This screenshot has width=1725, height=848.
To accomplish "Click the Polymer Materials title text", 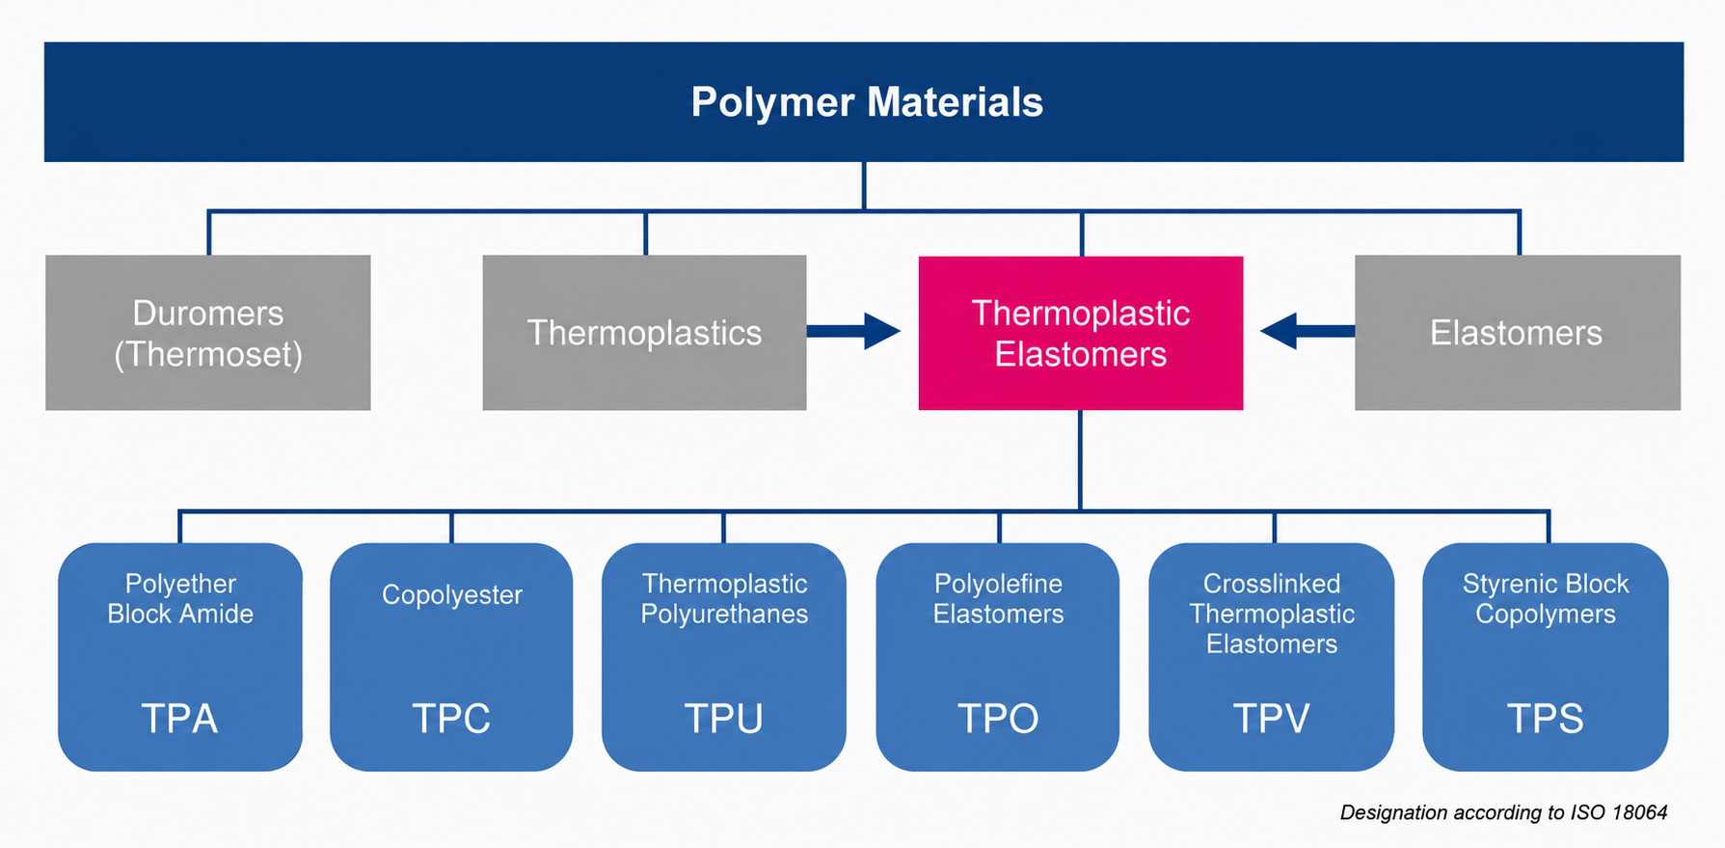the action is click(x=867, y=102).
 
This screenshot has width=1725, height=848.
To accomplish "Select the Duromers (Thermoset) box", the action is click(x=208, y=333).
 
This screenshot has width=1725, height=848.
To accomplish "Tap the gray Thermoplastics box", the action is click(x=644, y=333).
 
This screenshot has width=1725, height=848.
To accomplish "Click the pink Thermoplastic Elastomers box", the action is click(x=1081, y=333).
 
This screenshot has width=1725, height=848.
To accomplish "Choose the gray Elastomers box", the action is click(x=1518, y=333).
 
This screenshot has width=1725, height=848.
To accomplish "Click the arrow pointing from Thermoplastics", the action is click(x=853, y=331).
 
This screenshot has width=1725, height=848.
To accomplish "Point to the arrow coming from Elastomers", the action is click(x=1307, y=331).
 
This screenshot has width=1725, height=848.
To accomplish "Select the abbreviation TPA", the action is click(x=179, y=719).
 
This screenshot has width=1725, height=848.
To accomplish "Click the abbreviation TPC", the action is click(x=451, y=719).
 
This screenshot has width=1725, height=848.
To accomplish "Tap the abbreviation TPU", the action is click(x=723, y=719).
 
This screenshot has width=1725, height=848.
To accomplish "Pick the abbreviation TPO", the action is click(x=998, y=719).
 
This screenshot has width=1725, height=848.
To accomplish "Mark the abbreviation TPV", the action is click(x=1271, y=719).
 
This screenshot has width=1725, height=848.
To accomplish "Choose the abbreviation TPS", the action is click(x=1545, y=719).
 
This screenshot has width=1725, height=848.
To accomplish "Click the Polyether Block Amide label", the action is click(x=180, y=599).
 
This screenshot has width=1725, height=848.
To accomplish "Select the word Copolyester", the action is click(x=452, y=595).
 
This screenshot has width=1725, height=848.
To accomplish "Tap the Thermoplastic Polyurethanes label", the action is click(x=724, y=599).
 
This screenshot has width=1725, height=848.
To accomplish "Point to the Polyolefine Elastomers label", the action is click(x=998, y=599).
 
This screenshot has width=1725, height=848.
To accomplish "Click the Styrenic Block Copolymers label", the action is click(x=1546, y=599).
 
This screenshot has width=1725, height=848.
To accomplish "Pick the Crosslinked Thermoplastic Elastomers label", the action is click(x=1272, y=614).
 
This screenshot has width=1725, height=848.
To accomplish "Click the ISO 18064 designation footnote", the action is click(x=1503, y=812).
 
